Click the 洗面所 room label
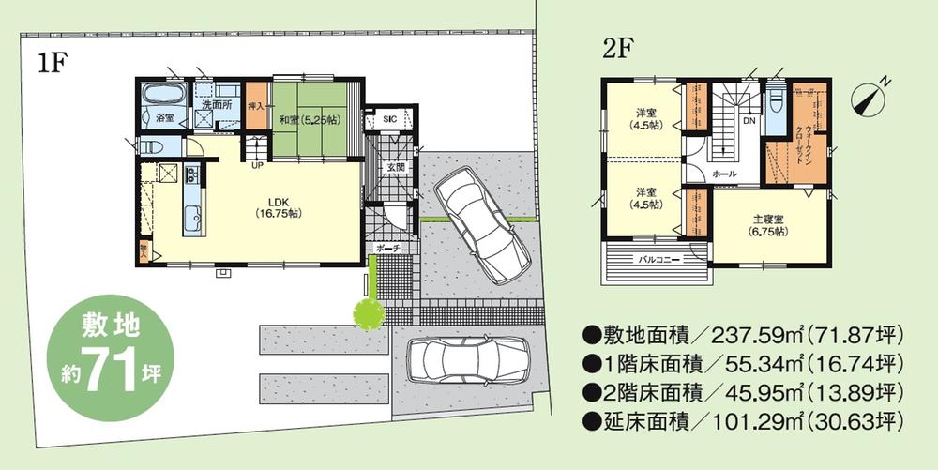217,104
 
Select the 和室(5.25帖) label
309,120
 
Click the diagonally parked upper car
481,222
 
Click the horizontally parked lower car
469,359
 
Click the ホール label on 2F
724,175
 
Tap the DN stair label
749,121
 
